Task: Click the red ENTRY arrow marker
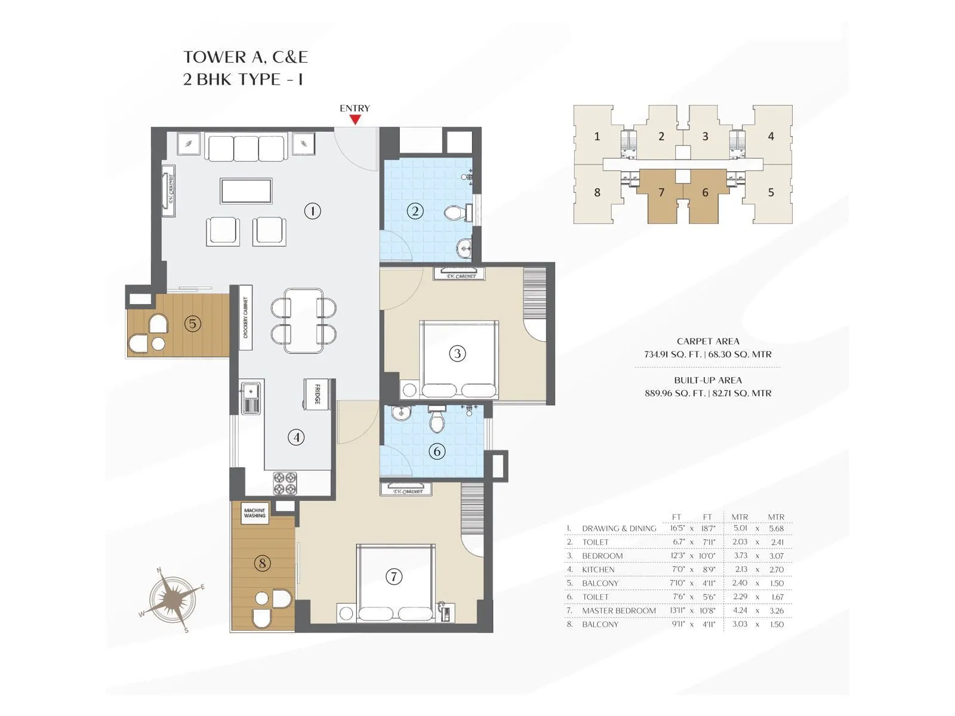click(355, 119)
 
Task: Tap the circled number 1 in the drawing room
click(312, 211)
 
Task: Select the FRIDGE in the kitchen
click(316, 394)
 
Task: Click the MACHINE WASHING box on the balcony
click(255, 513)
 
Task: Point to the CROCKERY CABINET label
click(245, 317)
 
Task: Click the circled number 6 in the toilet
click(437, 452)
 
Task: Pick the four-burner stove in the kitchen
click(285, 483)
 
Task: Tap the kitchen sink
click(251, 398)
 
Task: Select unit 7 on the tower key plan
click(661, 192)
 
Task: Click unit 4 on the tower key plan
click(771, 136)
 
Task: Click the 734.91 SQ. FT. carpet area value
click(673, 354)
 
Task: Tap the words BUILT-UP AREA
click(708, 380)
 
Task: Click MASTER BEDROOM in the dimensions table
click(618, 610)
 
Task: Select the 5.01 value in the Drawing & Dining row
click(740, 528)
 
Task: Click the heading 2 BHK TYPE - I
click(243, 79)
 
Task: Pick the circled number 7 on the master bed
click(393, 576)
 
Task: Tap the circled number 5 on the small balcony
click(192, 324)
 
